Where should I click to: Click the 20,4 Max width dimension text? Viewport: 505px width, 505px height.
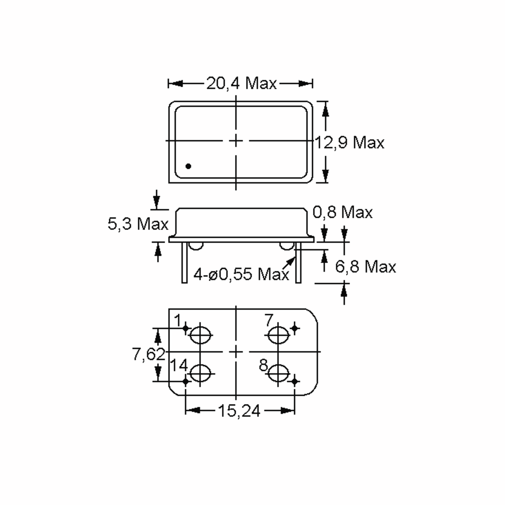coord(241,84)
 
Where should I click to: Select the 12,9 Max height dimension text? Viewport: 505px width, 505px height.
coord(350,143)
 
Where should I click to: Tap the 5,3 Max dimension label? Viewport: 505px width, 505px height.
coord(138,224)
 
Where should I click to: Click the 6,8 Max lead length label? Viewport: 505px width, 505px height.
coord(365,267)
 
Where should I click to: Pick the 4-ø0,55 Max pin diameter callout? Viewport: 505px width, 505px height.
coord(241,274)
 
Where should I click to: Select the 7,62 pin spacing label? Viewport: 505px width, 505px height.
coord(149,354)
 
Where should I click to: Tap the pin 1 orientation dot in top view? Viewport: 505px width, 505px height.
coord(188,166)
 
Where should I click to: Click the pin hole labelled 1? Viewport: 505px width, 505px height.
coord(200,335)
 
